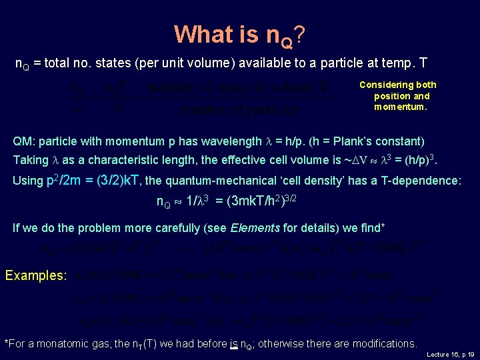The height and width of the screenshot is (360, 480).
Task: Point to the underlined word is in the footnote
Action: coord(234,344)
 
